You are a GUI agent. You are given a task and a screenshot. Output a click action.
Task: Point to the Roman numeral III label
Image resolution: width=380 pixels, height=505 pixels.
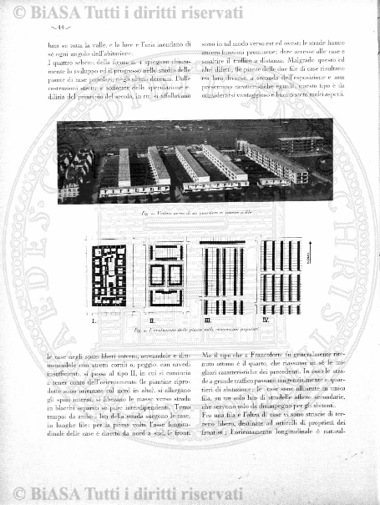(207, 319)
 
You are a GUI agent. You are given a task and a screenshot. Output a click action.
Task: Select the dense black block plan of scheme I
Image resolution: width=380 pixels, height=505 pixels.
(108, 275)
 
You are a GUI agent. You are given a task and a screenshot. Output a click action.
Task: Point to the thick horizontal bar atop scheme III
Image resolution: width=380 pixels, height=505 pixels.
(222, 242)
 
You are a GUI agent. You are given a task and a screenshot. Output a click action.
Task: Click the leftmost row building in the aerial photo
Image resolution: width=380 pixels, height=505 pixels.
(124, 167)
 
